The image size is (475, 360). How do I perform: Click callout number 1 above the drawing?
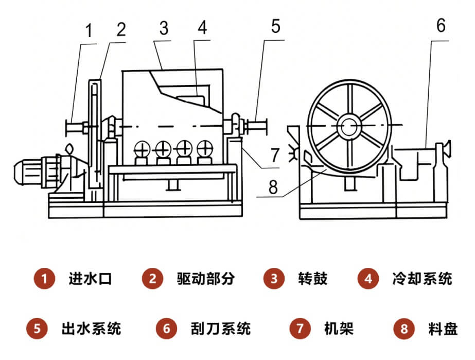tap(89, 32)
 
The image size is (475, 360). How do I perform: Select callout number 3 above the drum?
tap(164, 29)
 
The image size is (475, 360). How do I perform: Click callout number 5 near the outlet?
tap(276, 26)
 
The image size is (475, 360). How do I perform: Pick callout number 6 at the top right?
tap(441, 26)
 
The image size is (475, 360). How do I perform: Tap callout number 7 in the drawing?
tap(274, 154)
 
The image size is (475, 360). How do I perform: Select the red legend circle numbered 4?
tap(368, 279)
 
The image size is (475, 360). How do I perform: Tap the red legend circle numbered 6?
tap(166, 328)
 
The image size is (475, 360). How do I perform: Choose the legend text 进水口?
tap(90, 279)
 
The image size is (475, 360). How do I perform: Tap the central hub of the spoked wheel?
tap(349, 125)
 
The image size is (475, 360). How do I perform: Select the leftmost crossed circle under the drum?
tap(140, 150)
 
